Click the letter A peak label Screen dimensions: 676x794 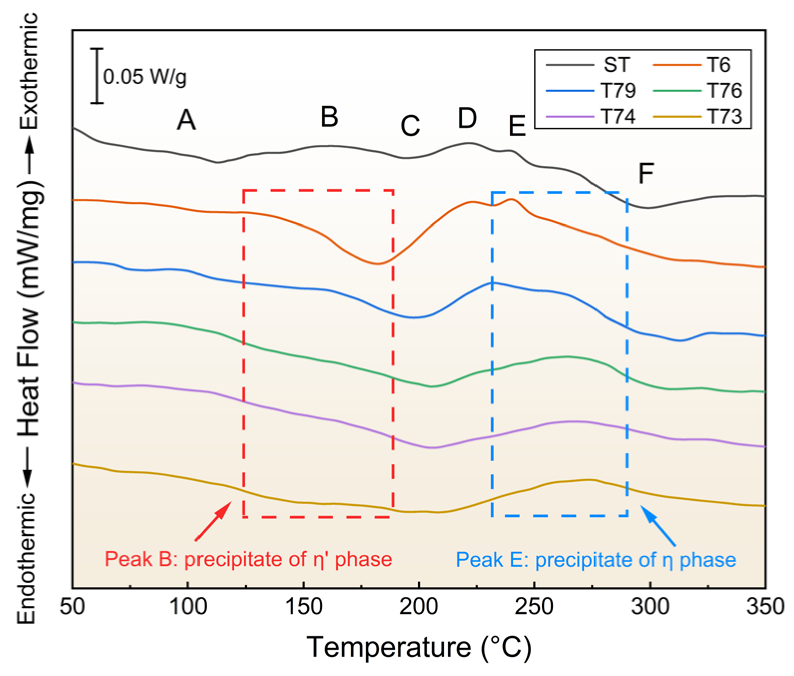pos(186,120)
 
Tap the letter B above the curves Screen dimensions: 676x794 pos(329,117)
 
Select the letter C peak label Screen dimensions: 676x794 pos(410,126)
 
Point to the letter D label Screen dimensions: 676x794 pos(467,118)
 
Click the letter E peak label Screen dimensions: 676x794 pos(517,126)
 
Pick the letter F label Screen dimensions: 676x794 pos(646,174)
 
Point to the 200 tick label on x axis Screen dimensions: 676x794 pos(419,607)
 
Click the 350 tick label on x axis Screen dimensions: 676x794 pos(765,607)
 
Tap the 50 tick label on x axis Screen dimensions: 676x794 pos(73,607)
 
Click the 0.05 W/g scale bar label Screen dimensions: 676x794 pos(145,77)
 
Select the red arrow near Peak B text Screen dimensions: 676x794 pos(213,521)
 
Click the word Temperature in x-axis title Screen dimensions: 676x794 pos(388,647)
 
